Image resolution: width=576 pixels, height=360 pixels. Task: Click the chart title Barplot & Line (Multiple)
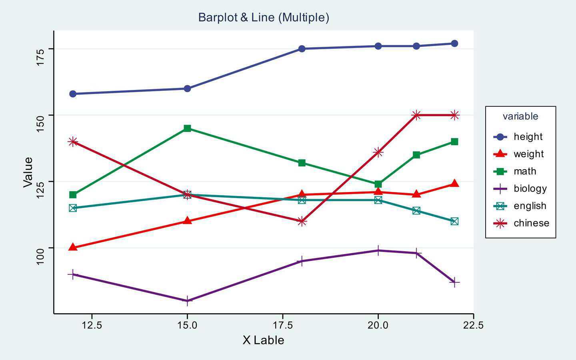point(264,18)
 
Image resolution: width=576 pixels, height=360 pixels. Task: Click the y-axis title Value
point(28,172)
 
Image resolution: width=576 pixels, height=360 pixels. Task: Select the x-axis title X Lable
point(263,340)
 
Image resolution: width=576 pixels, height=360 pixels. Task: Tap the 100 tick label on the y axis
point(40,256)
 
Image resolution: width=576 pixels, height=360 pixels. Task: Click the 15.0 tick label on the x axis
point(187,325)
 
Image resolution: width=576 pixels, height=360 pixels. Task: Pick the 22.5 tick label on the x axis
point(474,325)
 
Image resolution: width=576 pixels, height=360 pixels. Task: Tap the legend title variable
point(520,116)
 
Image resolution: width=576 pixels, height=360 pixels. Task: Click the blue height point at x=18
point(302,49)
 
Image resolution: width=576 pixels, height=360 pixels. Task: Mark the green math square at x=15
point(187,128)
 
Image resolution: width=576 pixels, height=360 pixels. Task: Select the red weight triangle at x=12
point(73,247)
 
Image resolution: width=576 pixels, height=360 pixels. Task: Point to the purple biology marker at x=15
point(187,301)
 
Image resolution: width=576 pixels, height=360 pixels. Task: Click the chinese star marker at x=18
point(302,221)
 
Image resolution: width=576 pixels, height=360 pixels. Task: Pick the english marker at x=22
point(454,221)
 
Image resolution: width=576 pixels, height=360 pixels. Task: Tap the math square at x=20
point(378,184)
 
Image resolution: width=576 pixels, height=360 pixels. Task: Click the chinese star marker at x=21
point(416,115)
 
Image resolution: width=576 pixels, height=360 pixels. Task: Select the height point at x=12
point(73,94)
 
